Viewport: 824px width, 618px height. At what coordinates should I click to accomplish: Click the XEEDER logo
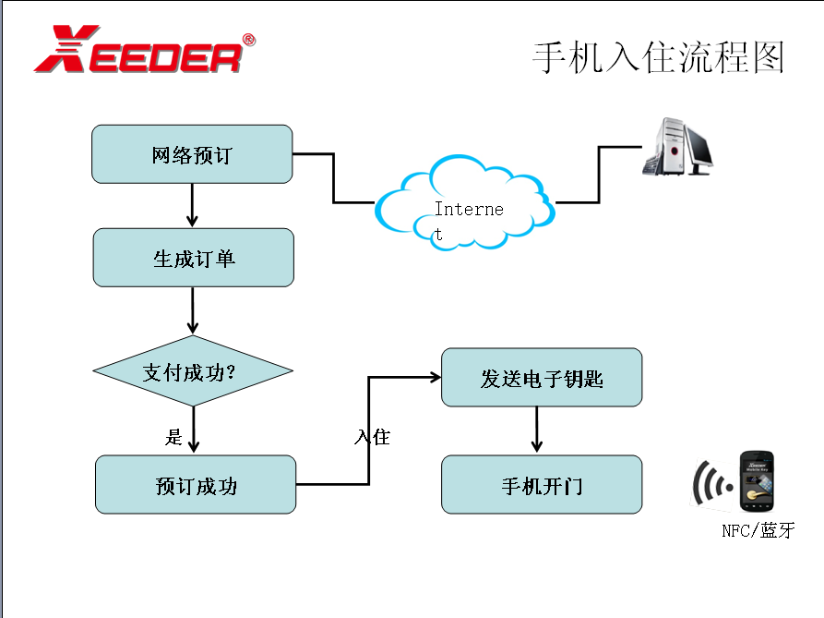[x=138, y=52]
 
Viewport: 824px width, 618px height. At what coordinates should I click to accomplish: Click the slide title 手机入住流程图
[x=658, y=57]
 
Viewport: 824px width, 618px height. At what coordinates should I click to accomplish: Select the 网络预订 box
[x=192, y=154]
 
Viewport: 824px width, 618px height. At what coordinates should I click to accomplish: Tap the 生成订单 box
[x=193, y=258]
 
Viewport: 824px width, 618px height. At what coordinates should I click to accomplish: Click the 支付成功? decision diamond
[x=193, y=371]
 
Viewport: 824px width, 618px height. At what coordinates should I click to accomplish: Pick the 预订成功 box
[x=196, y=484]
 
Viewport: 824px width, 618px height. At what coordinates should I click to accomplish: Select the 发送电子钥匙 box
[x=542, y=377]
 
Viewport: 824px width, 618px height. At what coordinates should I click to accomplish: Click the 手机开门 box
[x=542, y=484]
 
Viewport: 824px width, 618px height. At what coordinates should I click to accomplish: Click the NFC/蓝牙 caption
[x=757, y=531]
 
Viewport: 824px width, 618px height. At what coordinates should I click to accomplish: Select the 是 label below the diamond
[x=173, y=437]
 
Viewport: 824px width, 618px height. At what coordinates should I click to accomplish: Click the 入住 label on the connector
[x=372, y=436]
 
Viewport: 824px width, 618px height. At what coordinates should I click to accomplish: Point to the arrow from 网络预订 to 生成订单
[x=192, y=205]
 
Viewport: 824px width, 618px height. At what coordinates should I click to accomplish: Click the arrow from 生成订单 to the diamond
[x=193, y=311]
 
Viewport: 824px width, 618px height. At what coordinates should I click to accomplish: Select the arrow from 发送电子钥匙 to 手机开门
[x=537, y=430]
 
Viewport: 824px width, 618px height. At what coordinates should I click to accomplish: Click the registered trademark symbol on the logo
[x=248, y=40]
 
